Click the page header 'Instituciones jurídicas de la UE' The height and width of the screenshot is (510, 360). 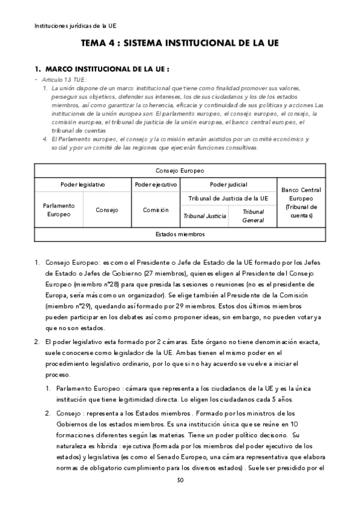[x=76, y=26]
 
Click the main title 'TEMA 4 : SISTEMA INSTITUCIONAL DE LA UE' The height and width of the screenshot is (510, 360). [x=180, y=44]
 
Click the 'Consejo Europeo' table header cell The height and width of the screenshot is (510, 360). [x=180, y=170]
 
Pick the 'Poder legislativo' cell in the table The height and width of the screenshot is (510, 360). [x=82, y=185]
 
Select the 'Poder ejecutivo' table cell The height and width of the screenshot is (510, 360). [x=155, y=185]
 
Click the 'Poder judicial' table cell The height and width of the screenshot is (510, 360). [x=228, y=185]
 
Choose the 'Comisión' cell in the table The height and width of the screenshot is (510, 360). [x=155, y=209]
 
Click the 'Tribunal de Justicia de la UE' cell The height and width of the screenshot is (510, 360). [x=228, y=198]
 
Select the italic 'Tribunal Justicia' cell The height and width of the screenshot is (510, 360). [x=204, y=215]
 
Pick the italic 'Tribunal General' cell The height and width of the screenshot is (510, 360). [x=253, y=216]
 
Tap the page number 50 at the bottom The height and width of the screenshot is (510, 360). [x=180, y=480]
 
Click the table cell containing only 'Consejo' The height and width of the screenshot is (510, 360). [x=106, y=209]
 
